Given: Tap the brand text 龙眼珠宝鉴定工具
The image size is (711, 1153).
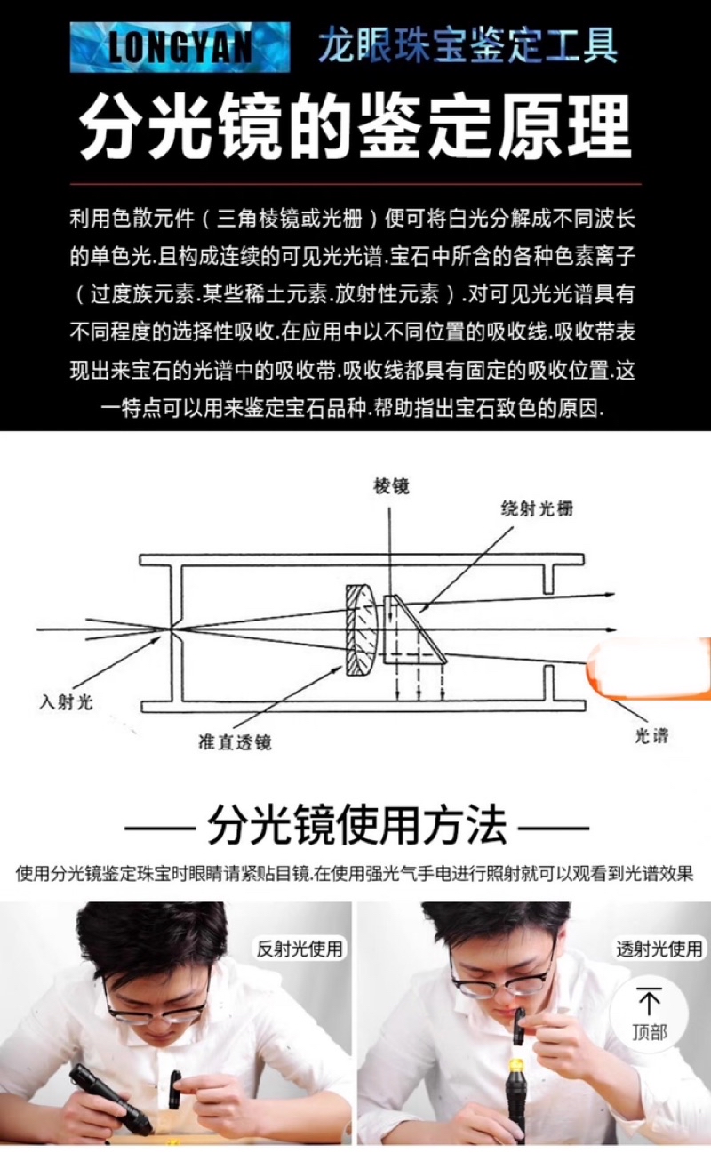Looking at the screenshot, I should [467, 45].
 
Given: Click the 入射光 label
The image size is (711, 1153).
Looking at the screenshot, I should [66, 701].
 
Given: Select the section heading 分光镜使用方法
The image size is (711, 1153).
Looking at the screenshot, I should [355, 826].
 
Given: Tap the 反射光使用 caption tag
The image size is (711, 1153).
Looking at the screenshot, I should [299, 949].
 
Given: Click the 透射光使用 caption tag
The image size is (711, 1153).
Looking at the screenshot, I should [659, 949].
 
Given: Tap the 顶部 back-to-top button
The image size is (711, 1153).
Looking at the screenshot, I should [650, 1015].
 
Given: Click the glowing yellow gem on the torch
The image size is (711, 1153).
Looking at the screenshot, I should [514, 1065].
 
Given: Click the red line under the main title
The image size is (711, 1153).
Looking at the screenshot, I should [355, 184].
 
